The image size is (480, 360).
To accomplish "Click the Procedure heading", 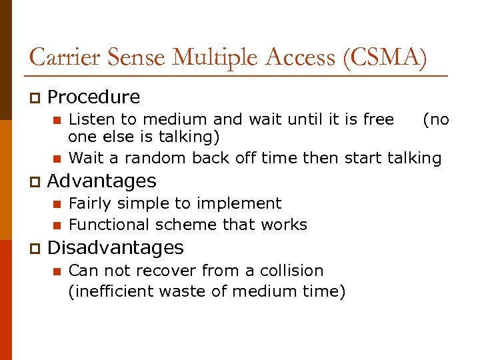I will [x=94, y=97].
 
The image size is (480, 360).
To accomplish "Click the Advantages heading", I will [x=102, y=181].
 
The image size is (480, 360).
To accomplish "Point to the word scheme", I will [x=182, y=225].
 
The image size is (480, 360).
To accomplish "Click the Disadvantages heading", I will [x=115, y=248].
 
